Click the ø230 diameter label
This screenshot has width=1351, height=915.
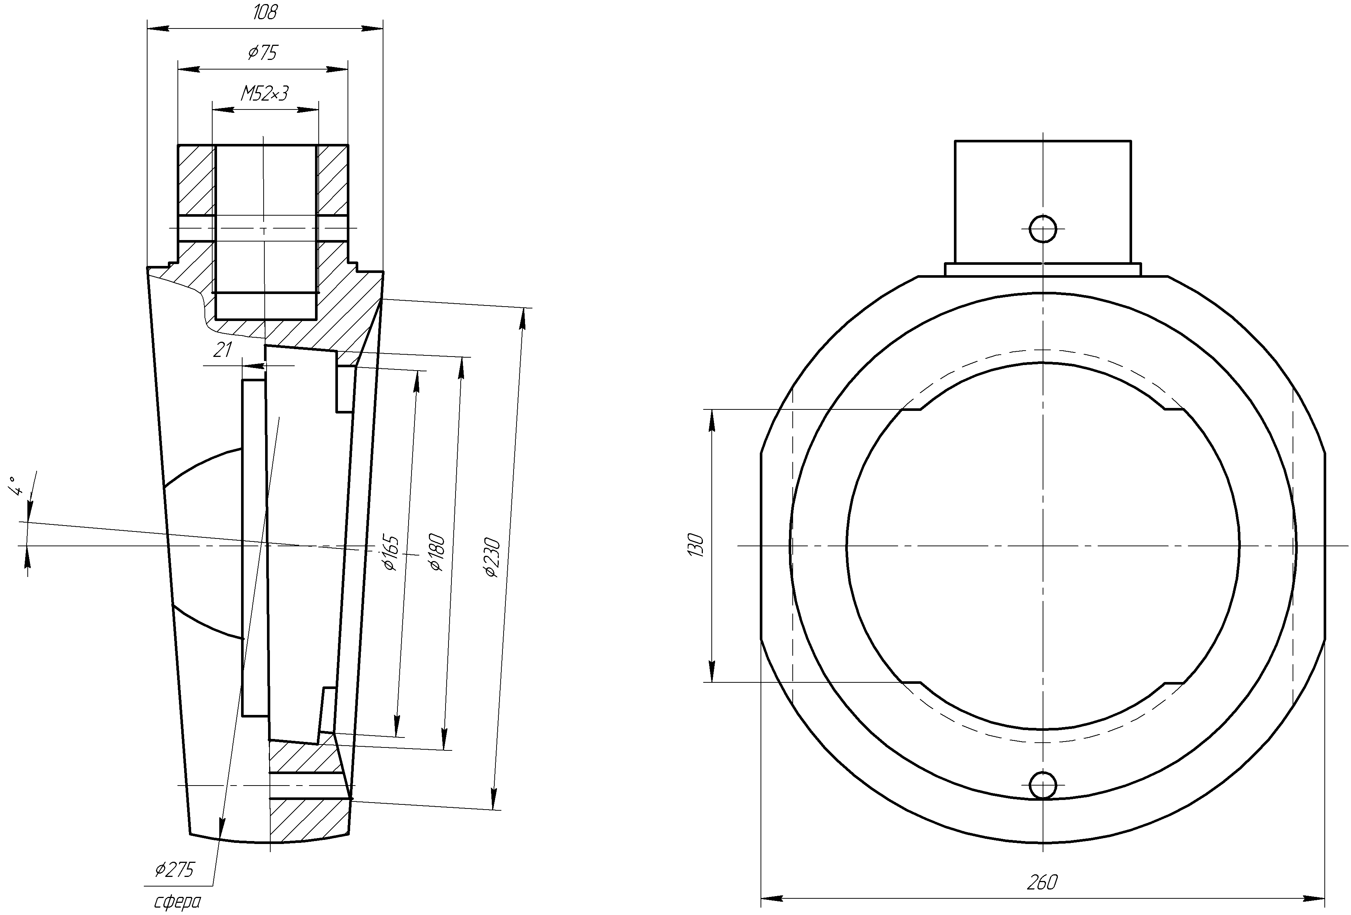[x=492, y=558]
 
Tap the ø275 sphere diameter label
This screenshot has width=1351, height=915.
[x=175, y=870]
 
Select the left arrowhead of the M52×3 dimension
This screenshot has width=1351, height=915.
[x=220, y=109]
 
